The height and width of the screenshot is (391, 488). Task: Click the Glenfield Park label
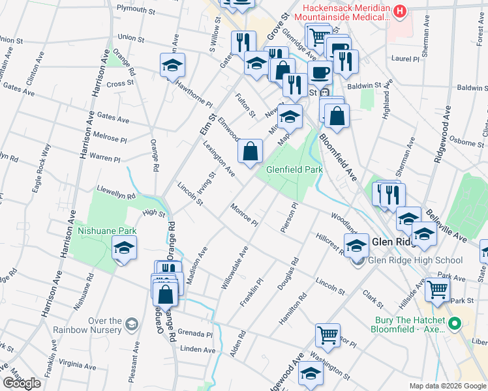[294, 169]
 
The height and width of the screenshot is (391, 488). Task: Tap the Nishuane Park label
[106, 230]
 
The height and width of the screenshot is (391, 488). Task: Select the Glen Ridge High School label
[416, 261]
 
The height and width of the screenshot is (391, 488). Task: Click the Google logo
[22, 383]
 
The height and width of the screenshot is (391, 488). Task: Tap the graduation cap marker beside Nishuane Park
[124, 248]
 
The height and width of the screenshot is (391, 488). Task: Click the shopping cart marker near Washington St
[328, 335]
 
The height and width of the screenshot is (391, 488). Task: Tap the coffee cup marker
[319, 72]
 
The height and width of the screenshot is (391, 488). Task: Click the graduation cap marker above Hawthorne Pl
[172, 65]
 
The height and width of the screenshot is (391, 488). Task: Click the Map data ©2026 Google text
[448, 386]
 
